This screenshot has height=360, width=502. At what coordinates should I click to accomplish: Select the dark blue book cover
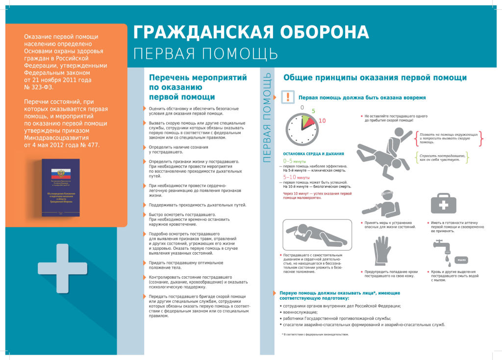tap(60, 188)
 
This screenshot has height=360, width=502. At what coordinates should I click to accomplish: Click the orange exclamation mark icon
tap(288, 97)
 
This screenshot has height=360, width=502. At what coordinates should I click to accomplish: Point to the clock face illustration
tap(301, 129)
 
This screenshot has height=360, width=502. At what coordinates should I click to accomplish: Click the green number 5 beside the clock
tap(313, 111)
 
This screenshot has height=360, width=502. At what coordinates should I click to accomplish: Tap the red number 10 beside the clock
tap(322, 120)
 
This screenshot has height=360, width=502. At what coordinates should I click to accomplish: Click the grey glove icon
tap(382, 251)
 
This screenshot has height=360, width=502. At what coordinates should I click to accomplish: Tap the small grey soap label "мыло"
tap(462, 259)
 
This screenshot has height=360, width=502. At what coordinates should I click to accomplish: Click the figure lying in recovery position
tap(317, 235)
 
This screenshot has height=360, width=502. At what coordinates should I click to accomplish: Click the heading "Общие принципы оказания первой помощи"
tap(375, 78)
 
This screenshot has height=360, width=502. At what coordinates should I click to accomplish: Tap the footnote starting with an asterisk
tap(315, 335)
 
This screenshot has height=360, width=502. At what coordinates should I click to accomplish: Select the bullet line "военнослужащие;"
tap(300, 312)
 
